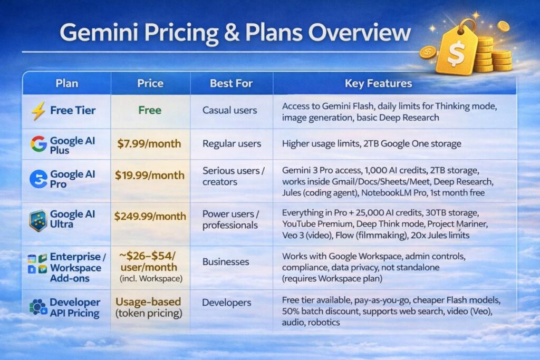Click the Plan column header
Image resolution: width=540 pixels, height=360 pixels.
66,83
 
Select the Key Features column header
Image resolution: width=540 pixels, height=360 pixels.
378,83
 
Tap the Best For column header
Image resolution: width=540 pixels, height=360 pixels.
231,83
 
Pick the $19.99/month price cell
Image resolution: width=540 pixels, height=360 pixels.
150,176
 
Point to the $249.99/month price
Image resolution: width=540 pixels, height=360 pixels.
150,217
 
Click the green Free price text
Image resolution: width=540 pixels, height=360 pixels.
150,111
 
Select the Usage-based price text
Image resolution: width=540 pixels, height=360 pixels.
148,302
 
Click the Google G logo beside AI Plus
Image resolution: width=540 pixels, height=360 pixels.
38,144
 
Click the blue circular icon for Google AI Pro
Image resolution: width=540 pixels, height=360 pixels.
38,179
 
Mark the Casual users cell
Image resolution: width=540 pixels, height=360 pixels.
230,111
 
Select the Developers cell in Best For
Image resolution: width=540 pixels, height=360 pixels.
227,303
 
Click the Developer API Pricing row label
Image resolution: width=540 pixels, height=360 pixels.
74,308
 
